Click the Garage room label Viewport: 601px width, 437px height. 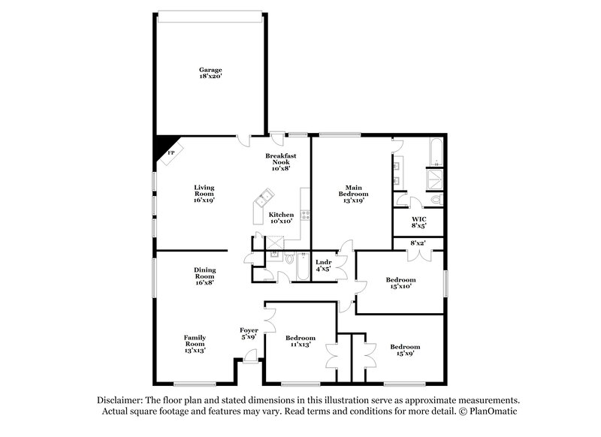point(210,74)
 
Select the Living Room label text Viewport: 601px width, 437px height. point(204,194)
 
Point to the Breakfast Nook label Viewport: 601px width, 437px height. point(281,162)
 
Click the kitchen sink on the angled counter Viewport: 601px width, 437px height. point(264,199)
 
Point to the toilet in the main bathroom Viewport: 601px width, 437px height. point(436,200)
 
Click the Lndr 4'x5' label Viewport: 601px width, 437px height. point(324,265)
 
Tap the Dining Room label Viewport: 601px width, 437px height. point(204,276)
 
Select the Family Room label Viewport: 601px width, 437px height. point(195,343)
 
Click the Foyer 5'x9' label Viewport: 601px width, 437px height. point(249,333)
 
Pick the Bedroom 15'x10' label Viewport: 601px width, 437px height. point(400,284)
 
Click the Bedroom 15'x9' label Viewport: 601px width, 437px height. point(405,350)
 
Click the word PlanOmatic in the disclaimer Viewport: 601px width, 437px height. point(493,411)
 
